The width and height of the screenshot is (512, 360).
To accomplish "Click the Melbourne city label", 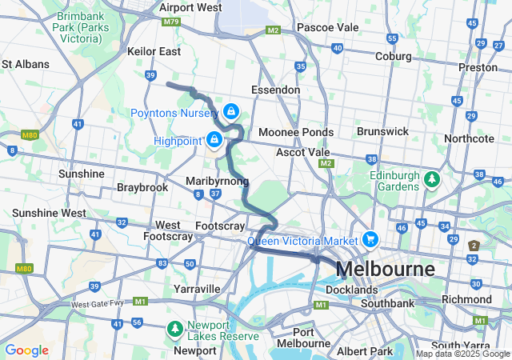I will tap(386, 269).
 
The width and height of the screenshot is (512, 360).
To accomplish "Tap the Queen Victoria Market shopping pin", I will tap(370, 239).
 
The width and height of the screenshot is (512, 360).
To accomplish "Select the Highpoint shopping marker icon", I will tap(214, 140).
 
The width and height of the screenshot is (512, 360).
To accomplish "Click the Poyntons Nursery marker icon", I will tap(231, 111).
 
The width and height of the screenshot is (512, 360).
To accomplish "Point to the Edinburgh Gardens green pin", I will tap(432, 178).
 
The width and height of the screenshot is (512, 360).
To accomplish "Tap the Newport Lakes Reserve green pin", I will tap(174, 328).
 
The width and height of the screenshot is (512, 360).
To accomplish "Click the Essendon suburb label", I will tap(275, 90).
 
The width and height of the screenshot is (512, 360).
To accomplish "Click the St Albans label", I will tap(26, 64).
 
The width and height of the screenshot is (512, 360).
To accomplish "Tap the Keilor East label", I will tap(154, 51).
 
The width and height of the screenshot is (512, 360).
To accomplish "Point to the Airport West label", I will tap(190, 7).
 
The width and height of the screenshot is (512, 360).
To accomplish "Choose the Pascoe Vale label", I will tap(327, 27).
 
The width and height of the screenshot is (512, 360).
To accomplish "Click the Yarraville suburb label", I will tap(197, 288).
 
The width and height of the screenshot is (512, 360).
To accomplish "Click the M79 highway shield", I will tap(170, 22).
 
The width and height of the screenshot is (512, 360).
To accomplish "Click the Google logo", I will tap(26, 350).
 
